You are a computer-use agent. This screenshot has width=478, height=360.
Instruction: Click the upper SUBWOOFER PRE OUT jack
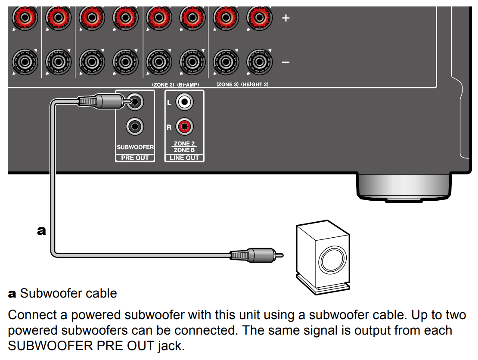[135, 102]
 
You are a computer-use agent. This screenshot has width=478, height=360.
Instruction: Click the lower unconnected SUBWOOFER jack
[135, 127]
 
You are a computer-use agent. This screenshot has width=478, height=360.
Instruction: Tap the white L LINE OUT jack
[185, 102]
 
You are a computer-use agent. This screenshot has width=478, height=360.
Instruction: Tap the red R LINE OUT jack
[185, 127]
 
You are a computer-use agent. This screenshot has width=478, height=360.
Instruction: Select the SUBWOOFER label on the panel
[135, 147]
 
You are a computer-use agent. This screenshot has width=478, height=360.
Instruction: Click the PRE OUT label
[135, 158]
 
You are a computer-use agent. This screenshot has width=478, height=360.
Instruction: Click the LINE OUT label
[184, 158]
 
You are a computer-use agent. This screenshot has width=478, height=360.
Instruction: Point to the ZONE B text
[184, 150]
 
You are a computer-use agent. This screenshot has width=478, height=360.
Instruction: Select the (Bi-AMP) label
[188, 84]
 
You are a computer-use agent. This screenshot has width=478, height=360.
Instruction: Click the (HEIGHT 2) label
[255, 84]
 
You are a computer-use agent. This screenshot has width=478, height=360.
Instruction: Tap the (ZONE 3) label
[227, 84]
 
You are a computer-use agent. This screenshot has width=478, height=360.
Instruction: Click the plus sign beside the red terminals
[285, 18]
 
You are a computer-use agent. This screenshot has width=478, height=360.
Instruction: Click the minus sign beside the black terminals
[285, 62]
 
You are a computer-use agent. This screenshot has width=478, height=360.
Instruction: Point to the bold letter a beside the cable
[41, 231]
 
